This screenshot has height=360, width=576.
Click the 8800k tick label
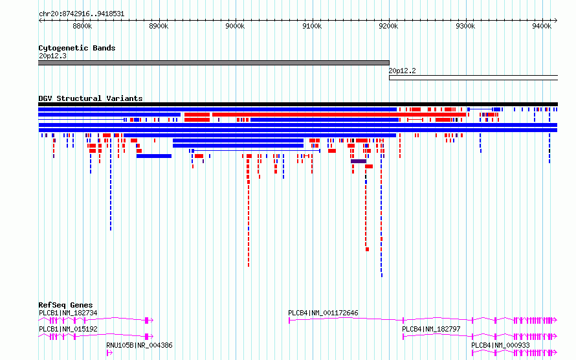coord(82,26)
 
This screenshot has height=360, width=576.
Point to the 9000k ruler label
coord(235,26)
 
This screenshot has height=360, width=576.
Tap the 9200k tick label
coord(389,26)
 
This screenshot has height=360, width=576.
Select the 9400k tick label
coord(542,26)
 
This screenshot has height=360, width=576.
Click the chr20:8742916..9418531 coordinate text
coord(82,14)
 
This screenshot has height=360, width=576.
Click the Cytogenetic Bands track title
coord(77,48)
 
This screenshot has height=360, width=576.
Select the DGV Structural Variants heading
coord(91,98)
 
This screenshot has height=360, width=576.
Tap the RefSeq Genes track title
coord(65,305)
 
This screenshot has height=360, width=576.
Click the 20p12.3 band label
coord(52,56)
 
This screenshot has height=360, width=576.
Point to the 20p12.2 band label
coord(403,71)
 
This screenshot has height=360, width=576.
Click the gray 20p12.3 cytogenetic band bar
coord(214,63)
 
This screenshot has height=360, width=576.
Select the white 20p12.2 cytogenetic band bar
coord(474,78)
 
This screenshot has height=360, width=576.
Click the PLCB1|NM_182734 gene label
coord(68,313)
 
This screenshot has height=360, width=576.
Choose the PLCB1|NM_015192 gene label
coord(68,329)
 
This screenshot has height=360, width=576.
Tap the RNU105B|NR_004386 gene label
coord(139,345)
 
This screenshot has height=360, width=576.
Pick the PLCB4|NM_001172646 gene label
coord(323,313)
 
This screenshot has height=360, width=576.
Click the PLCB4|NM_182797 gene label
coord(431,329)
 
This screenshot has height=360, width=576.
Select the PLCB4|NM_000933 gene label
coord(501,345)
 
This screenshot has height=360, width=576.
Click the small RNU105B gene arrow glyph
coord(109,353)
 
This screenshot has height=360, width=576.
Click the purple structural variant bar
coord(359,161)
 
